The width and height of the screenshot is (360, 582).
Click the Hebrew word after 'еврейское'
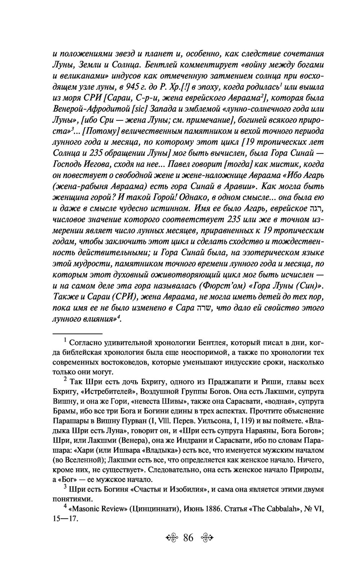coord(317,209)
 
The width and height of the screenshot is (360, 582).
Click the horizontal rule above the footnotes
coord(77,334)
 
